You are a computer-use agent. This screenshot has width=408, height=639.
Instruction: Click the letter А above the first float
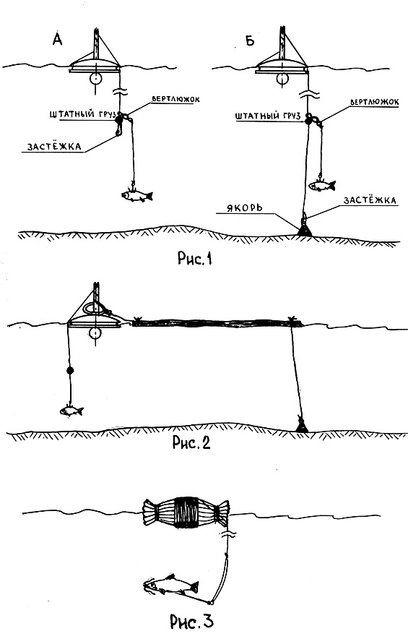click(58, 39)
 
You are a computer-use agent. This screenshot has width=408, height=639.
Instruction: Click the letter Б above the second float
click(250, 40)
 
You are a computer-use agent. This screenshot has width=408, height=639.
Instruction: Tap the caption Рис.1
click(196, 258)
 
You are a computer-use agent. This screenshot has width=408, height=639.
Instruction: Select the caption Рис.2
click(191, 442)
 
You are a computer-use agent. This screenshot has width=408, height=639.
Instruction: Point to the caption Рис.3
click(191, 621)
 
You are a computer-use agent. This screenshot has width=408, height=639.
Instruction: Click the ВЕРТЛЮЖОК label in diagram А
click(175, 99)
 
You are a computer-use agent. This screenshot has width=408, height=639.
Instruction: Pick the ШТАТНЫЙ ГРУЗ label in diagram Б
click(267, 116)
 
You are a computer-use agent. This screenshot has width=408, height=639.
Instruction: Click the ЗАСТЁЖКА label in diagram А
click(54, 146)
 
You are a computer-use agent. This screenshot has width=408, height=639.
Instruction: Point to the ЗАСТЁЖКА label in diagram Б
click(370, 200)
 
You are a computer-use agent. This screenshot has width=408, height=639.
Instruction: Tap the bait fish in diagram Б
click(321, 186)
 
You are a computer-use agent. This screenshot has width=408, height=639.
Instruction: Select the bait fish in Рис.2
click(71, 411)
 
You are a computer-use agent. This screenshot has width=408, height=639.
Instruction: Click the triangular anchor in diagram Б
click(305, 229)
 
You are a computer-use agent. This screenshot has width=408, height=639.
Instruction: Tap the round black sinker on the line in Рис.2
click(69, 370)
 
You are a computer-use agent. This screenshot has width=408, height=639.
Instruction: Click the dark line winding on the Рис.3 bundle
click(186, 512)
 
